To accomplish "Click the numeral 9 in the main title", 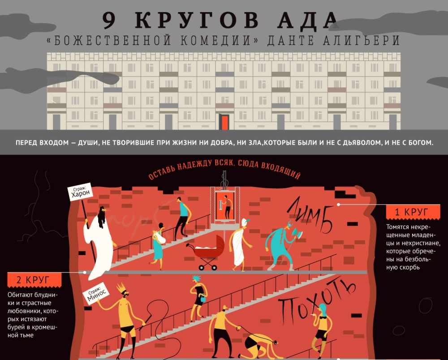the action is pyautogui.click(x=109, y=20).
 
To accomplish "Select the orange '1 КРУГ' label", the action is pyautogui.click(x=413, y=212).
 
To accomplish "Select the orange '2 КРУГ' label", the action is pyautogui.click(x=34, y=280).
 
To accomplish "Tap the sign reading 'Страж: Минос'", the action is pyautogui.click(x=95, y=293).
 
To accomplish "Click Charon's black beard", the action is pyautogui.click(x=101, y=218).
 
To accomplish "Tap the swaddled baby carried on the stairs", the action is pyautogui.click(x=156, y=235).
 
